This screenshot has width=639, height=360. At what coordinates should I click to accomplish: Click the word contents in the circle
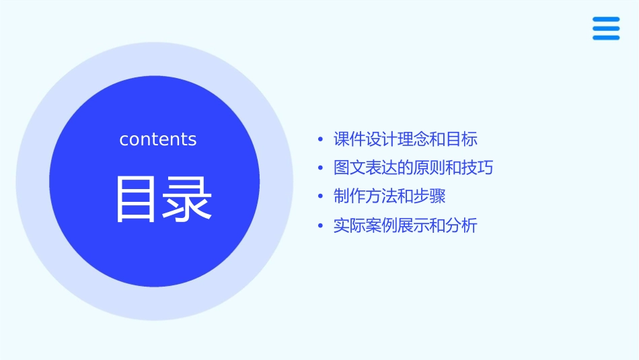[x=158, y=139]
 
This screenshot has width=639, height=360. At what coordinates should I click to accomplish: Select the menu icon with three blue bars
[x=606, y=28]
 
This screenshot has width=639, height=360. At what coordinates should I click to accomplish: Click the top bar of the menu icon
[x=606, y=20]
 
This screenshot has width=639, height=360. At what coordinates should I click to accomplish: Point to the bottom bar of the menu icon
[x=606, y=38]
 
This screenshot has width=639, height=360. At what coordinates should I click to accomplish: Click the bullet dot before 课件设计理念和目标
[x=320, y=140]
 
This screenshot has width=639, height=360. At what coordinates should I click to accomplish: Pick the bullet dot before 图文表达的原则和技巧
[x=320, y=168]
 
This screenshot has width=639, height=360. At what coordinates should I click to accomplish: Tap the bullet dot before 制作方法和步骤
[x=320, y=196]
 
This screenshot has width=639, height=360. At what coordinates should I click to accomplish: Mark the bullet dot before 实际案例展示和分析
[x=320, y=226]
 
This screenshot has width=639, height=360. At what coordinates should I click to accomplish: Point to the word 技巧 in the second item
[x=478, y=168]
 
